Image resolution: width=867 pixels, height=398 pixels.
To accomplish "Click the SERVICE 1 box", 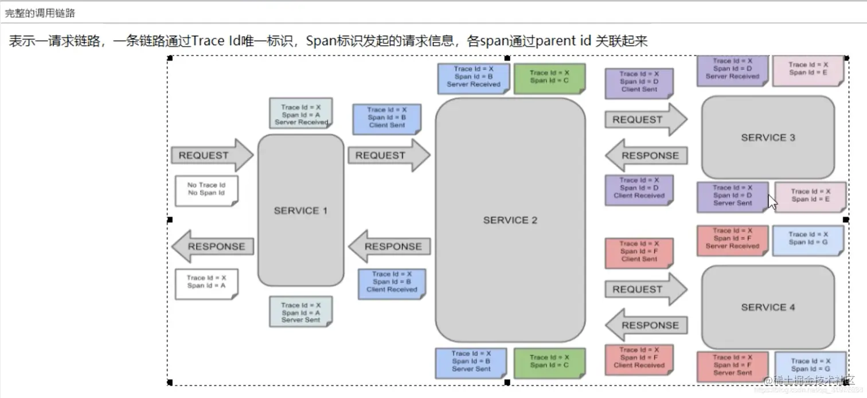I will pyautogui.click(x=300, y=210).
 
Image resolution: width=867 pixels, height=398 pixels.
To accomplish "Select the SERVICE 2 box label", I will pyautogui.click(x=510, y=220).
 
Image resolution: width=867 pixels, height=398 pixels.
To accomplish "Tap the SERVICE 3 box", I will pyautogui.click(x=768, y=138).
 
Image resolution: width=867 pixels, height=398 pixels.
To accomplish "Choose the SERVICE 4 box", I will pyautogui.click(x=768, y=307).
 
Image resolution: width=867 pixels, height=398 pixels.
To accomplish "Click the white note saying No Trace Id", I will pyautogui.click(x=206, y=190).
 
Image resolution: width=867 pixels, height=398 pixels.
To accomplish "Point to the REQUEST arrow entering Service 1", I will pyautogui.click(x=211, y=155).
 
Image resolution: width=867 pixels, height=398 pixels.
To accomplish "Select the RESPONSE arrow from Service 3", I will pyautogui.click(x=646, y=155).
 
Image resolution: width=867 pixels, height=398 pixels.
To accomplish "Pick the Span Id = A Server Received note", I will pyautogui.click(x=300, y=114).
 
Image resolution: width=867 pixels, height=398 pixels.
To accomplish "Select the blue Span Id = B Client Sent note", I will pyautogui.click(x=386, y=118).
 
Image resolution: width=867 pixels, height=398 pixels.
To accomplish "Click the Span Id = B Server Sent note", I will pyautogui.click(x=471, y=362).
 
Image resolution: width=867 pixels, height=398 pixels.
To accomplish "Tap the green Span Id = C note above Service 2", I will pyautogui.click(x=549, y=77).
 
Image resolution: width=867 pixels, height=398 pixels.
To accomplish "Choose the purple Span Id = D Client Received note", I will pyautogui.click(x=639, y=189).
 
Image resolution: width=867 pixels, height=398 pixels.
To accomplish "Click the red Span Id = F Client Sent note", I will pyautogui.click(x=639, y=252).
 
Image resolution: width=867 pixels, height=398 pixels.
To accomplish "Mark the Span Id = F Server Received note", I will pyautogui.click(x=732, y=239).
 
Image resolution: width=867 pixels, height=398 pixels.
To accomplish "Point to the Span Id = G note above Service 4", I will pyautogui.click(x=808, y=239).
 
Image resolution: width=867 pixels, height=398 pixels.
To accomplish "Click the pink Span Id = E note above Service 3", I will pyautogui.click(x=808, y=69).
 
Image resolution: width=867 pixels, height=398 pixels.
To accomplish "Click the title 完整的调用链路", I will pyautogui.click(x=40, y=13).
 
